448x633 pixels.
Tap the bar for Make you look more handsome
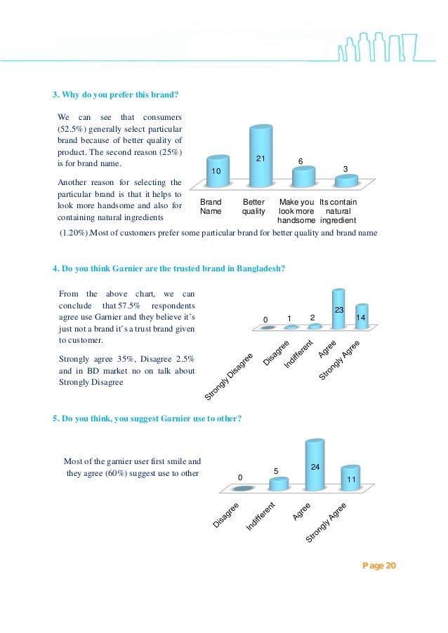tap(304, 177)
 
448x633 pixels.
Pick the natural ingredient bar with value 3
tap(345, 182)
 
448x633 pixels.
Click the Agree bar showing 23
tap(339, 309)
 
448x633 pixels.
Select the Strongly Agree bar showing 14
tap(362, 317)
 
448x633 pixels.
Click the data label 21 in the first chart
tap(260, 159)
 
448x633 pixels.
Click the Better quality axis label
tap(253, 207)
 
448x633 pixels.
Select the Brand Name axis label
tap(211, 207)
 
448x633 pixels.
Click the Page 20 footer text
tap(379, 566)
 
